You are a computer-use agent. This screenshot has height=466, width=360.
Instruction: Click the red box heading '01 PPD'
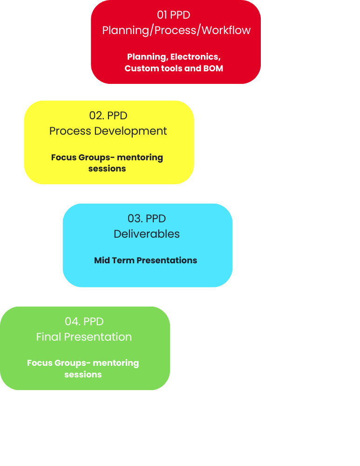coord(173,15)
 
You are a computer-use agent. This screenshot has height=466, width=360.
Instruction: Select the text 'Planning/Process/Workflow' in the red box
coord(176,30)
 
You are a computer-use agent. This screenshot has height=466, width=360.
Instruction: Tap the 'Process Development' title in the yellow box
coord(108,131)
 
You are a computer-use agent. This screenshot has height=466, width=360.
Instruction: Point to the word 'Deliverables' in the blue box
coord(147,234)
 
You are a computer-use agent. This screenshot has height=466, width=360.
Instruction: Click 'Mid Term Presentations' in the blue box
coord(145,260)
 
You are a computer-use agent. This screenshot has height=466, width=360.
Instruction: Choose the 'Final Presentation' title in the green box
coord(84,336)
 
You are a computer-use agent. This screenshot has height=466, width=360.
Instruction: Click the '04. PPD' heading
coord(84,321)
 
